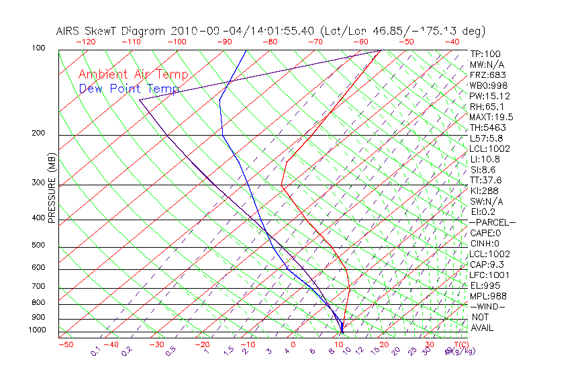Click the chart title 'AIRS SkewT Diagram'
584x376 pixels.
111,32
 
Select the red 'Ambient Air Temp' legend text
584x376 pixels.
134,75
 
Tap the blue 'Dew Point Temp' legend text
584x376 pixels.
129,89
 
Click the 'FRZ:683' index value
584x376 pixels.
488,75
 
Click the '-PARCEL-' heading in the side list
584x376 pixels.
493,222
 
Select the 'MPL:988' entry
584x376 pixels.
488,296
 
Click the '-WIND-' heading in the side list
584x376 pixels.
488,307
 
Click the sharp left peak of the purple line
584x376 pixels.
140,100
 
